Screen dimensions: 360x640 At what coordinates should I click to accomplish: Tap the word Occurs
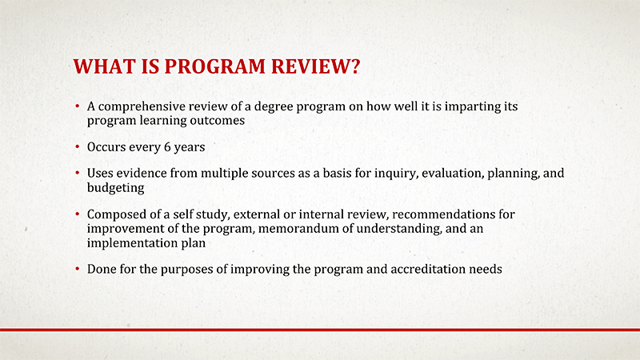(x=107, y=148)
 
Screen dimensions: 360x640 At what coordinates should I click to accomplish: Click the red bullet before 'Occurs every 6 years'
(x=77, y=148)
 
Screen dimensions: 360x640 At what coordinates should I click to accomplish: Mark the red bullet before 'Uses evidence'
(x=77, y=174)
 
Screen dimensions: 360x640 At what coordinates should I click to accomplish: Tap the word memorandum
(x=298, y=229)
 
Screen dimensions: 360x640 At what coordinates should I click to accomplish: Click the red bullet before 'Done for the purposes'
(x=77, y=270)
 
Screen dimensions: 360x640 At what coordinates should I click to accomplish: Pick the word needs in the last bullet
(x=486, y=270)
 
